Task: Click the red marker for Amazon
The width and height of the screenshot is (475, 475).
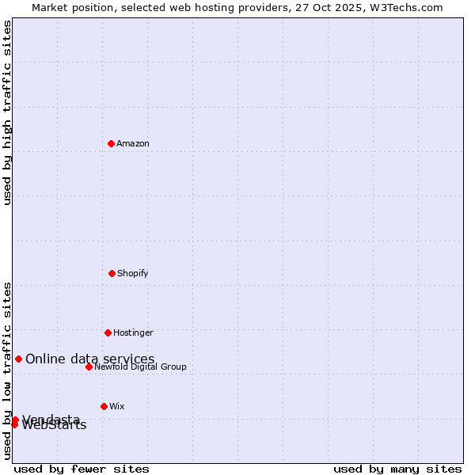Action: pyautogui.click(x=111, y=143)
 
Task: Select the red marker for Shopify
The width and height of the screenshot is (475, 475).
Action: pyautogui.click(x=112, y=273)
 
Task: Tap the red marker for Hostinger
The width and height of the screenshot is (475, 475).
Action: pyautogui.click(x=108, y=332)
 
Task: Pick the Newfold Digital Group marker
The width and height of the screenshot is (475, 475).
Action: pyautogui.click(x=89, y=367)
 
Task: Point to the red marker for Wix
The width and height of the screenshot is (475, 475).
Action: pyautogui.click(x=104, y=406)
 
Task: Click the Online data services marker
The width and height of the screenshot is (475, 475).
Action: pyautogui.click(x=18, y=359)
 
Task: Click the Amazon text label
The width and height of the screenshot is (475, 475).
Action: pyautogui.click(x=133, y=144)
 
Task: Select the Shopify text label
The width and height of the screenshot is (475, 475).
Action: pyautogui.click(x=133, y=274)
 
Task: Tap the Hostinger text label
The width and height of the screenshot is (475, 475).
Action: pyautogui.click(x=133, y=333)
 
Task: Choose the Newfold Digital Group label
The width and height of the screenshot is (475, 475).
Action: pyautogui.click(x=140, y=367)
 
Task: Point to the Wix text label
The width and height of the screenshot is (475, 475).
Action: pyautogui.click(x=117, y=407)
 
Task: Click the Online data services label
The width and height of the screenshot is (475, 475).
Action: pyautogui.click(x=90, y=359)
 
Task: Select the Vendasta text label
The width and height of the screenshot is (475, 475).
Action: pyautogui.click(x=51, y=419)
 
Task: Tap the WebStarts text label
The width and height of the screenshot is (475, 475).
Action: pyautogui.click(x=54, y=426)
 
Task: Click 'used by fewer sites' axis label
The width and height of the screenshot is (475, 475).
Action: pyautogui.click(x=82, y=469)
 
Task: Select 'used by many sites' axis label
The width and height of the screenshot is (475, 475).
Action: pyautogui.click(x=397, y=469)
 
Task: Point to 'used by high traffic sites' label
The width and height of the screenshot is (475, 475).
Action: pyautogui.click(x=8, y=112)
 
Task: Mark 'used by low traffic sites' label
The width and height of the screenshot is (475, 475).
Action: pyautogui.click(x=8, y=370)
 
